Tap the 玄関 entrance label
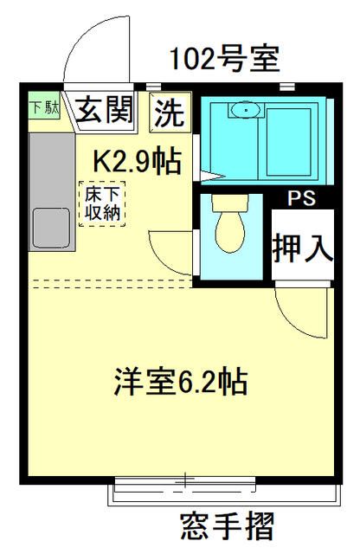[107, 111]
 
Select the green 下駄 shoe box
[38, 109]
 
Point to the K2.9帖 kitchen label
[137, 160]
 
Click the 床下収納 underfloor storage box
[101, 203]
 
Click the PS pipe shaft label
[301, 198]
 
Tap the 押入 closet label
[302, 248]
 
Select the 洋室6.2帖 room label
[180, 380]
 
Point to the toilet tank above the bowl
[230, 203]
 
